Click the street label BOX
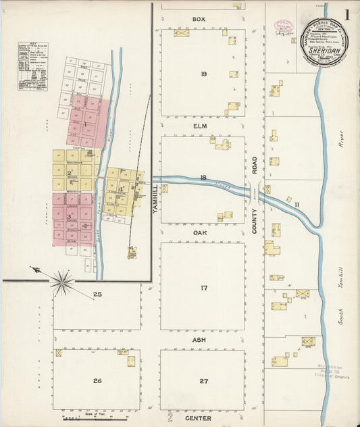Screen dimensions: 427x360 coord(198,19)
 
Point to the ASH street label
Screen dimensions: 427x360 coord(199,339)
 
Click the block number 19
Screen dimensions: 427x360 coord(203,74)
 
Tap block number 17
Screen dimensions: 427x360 coord(203,288)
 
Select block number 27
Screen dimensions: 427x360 coord(203,381)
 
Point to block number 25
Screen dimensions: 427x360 coord(97,294)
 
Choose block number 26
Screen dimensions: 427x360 coord(97,381)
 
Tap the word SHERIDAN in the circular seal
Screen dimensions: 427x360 coord(327,48)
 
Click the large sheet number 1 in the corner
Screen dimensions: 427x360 coord(346,15)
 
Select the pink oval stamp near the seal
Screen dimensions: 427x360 coord(282,28)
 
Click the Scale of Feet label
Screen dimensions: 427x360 coord(97,413)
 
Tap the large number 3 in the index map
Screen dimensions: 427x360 coord(68,217)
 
